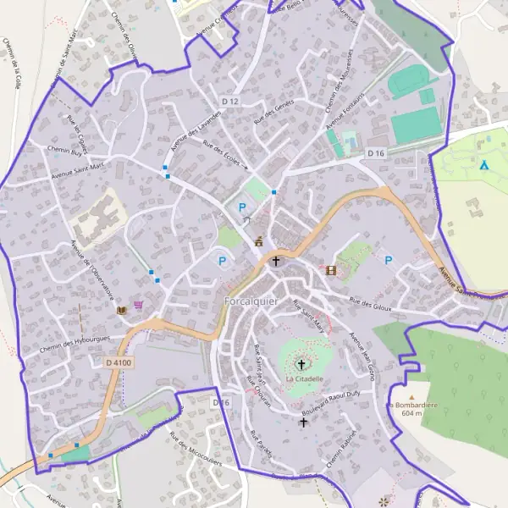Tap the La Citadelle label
(304, 379)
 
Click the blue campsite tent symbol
(483, 165)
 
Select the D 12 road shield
(229, 101)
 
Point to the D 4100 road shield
(119, 362)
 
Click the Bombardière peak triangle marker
(411, 395)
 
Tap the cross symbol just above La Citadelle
(301, 365)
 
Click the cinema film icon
(330, 270)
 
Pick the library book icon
(122, 310)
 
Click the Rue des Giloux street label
(371, 304)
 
